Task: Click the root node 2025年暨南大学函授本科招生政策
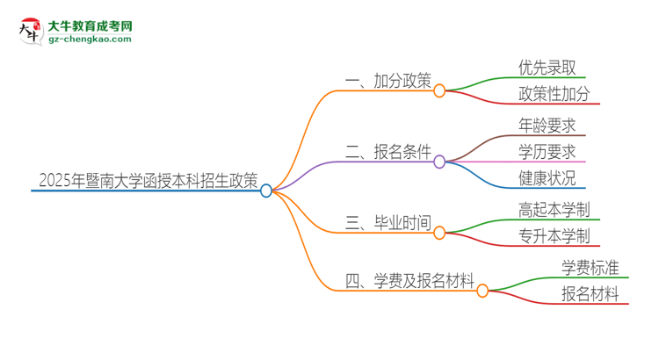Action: (148, 181)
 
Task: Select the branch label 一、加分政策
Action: (388, 82)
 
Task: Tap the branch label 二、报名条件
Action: (388, 153)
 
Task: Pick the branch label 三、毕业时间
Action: (388, 224)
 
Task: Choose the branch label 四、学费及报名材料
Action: (410, 282)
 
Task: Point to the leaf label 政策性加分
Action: (554, 95)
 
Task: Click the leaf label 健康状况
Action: (547, 178)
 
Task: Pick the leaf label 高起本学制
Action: (554, 211)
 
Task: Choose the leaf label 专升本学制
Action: (554, 237)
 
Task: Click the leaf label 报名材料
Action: (590, 294)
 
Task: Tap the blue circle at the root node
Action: (267, 191)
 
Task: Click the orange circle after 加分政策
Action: (439, 90)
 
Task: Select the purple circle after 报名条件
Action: (439, 162)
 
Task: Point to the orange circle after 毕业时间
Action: (439, 233)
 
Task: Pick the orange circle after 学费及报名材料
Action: (482, 291)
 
